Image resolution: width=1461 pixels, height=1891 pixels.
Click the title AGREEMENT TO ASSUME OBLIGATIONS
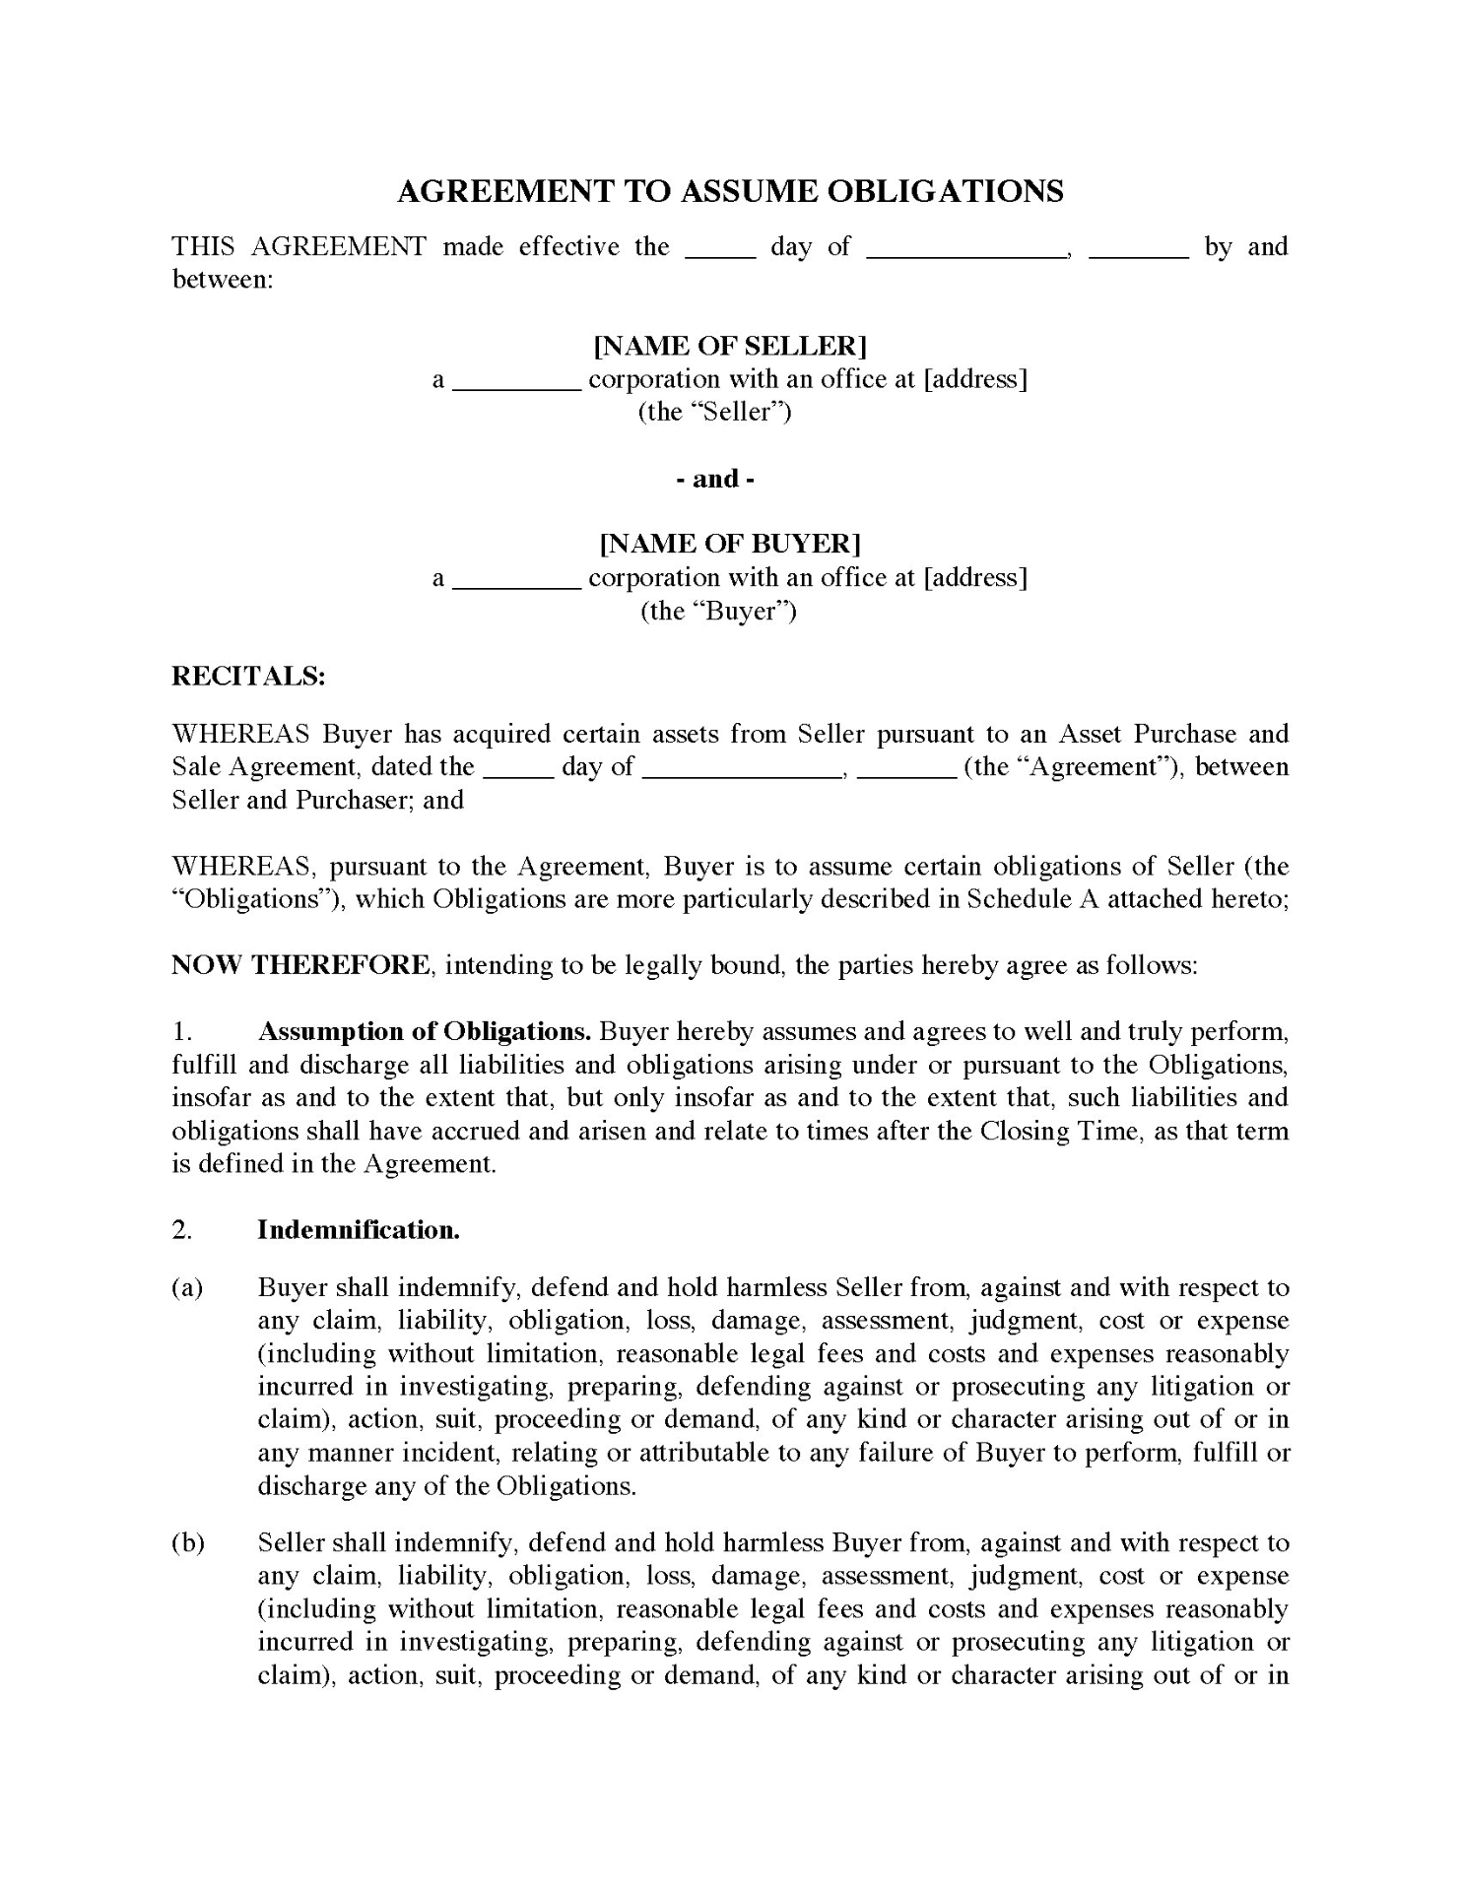[730, 191]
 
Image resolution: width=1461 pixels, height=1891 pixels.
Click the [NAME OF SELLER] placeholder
[730, 346]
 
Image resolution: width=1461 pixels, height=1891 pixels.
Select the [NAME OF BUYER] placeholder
[730, 544]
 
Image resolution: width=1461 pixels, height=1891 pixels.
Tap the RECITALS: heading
[248, 676]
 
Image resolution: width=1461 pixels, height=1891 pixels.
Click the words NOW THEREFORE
[301, 964]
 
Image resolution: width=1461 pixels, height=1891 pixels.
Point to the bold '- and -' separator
[715, 479]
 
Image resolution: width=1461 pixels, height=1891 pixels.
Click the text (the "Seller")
[715, 412]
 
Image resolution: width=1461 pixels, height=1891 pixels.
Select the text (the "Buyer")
[718, 611]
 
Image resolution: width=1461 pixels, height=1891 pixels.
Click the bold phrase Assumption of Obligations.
[424, 1031]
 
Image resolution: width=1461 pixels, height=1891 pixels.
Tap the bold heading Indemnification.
[359, 1229]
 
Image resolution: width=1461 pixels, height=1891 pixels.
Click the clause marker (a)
[187, 1287]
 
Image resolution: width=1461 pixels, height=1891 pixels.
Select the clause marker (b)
[187, 1542]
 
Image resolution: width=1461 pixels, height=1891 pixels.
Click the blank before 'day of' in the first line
[720, 248]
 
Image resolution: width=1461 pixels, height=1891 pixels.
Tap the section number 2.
[182, 1229]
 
